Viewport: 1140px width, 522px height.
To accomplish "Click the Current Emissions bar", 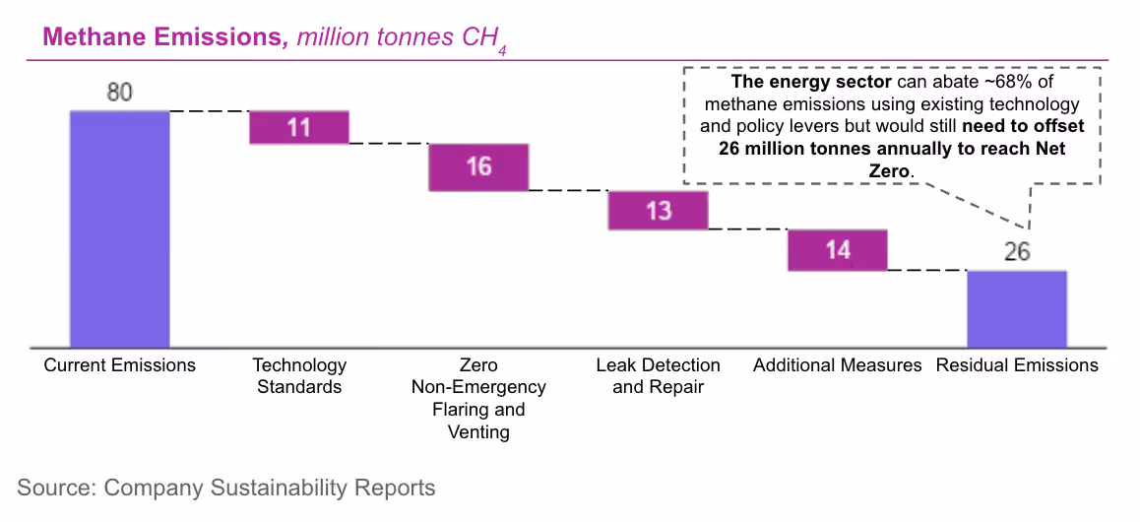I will [x=119, y=228].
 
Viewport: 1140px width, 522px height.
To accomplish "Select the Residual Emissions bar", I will [x=1017, y=308].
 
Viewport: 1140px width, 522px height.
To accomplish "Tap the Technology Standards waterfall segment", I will [x=299, y=127].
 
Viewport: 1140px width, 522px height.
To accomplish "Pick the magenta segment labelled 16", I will [x=478, y=166].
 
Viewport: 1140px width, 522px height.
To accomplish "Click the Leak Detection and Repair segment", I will [x=658, y=210].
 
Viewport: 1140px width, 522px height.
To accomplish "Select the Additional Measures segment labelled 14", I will [x=838, y=250].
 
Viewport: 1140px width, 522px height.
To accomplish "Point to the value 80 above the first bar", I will [x=119, y=94].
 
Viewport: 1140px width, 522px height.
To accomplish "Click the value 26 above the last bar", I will [x=1017, y=252].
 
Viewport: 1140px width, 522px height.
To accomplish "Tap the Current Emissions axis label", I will [x=119, y=365].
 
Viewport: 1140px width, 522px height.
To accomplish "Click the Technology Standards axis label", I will [x=299, y=375].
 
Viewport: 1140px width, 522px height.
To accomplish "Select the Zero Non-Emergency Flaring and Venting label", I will [x=478, y=398].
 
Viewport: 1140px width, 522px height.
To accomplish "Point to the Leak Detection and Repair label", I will [x=658, y=375].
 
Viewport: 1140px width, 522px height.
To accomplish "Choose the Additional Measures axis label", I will [x=838, y=365].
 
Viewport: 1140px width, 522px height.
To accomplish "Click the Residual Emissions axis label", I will [x=1017, y=365].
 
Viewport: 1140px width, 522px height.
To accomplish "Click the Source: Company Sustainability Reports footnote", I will [x=225, y=488].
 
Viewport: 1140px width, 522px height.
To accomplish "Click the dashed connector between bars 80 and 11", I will [x=209, y=111].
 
